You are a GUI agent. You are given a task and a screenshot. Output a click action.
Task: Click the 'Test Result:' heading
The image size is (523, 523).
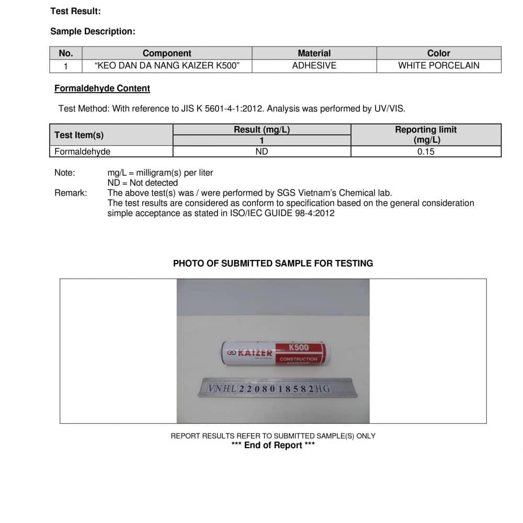click(x=75, y=11)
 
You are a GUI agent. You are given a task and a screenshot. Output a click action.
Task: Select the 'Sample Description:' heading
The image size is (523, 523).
click(x=93, y=31)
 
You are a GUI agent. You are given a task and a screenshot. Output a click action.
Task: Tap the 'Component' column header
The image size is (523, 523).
click(x=167, y=53)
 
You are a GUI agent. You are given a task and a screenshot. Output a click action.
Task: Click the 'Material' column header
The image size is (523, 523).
click(x=314, y=53)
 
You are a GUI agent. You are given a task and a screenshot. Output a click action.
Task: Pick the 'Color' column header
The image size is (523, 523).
click(x=438, y=53)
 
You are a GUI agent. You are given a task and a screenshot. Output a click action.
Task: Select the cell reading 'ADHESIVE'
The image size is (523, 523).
click(x=314, y=66)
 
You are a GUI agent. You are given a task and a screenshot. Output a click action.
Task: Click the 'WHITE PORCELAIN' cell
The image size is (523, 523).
click(x=438, y=66)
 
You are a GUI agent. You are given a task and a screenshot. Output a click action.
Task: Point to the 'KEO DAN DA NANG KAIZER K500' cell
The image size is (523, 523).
click(x=167, y=66)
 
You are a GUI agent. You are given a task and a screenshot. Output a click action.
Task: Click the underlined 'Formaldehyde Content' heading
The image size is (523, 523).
click(x=102, y=88)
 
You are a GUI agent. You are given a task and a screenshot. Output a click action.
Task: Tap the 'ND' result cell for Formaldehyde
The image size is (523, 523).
click(x=261, y=152)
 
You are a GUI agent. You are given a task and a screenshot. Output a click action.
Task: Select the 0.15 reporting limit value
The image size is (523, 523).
click(x=426, y=152)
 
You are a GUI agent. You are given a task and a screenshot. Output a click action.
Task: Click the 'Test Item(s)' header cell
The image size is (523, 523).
click(x=79, y=135)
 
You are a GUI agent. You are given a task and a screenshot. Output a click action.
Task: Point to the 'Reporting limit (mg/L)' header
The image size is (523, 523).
click(x=426, y=134)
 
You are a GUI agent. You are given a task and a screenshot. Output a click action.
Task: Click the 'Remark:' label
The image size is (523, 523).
click(x=71, y=193)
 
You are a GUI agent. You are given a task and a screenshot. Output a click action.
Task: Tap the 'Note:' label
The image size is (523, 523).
click(x=64, y=173)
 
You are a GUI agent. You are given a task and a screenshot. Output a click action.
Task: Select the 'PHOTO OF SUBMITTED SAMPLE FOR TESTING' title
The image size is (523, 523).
click(x=273, y=264)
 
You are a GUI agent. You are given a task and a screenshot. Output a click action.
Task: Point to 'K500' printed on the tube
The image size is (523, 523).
click(x=299, y=347)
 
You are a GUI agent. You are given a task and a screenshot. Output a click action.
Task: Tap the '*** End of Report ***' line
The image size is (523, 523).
click(x=273, y=445)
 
